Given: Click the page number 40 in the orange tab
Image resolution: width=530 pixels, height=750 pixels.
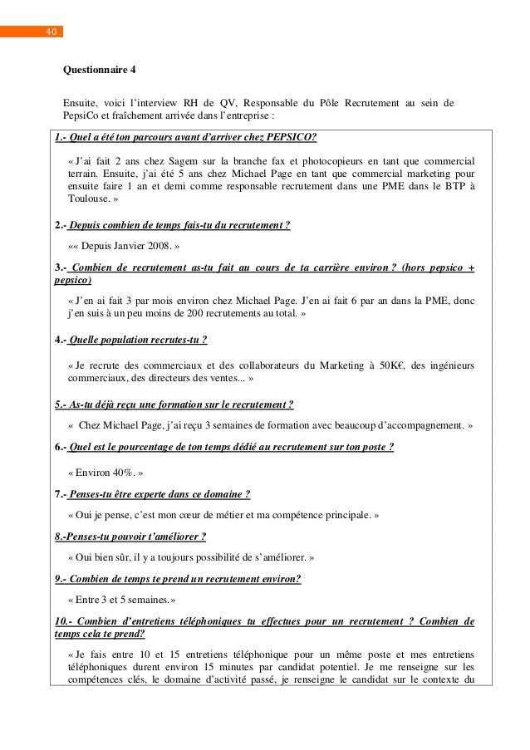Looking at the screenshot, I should (51, 32).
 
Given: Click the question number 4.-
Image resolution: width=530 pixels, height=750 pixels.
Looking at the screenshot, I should (60, 340).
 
